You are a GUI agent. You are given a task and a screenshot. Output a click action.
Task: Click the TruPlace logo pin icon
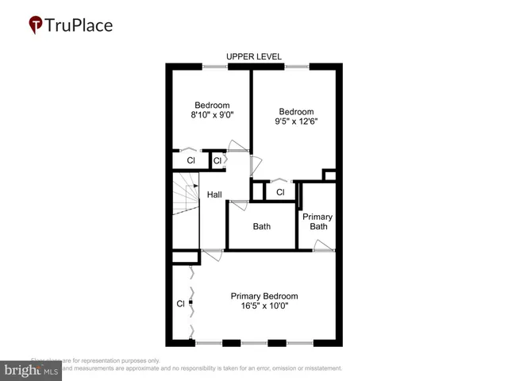tap(37, 25)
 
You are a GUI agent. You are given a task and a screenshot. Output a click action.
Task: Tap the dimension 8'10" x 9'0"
tap(212, 115)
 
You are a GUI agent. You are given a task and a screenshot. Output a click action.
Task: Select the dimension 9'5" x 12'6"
tap(297, 122)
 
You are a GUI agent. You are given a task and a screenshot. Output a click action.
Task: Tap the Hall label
tap(214, 194)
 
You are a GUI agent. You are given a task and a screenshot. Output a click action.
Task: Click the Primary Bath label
tap(318, 221)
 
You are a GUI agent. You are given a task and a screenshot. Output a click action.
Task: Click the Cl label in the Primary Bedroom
tap(180, 303)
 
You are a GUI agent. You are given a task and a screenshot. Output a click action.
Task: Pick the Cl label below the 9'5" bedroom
tap(280, 192)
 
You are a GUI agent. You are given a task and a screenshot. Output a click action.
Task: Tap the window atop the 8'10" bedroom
tap(214, 66)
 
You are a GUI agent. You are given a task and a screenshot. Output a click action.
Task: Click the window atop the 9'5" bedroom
tap(297, 66)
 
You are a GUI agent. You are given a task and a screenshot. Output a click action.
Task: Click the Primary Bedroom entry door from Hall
tap(212, 254)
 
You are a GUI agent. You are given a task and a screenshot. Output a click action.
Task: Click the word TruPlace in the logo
tap(79, 25)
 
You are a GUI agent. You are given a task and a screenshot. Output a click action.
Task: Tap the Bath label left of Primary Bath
tap(261, 226)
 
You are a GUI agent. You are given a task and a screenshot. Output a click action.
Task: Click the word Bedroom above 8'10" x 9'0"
tap(212, 105)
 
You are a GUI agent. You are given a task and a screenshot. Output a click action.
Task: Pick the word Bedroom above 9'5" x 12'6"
tap(297, 112)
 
